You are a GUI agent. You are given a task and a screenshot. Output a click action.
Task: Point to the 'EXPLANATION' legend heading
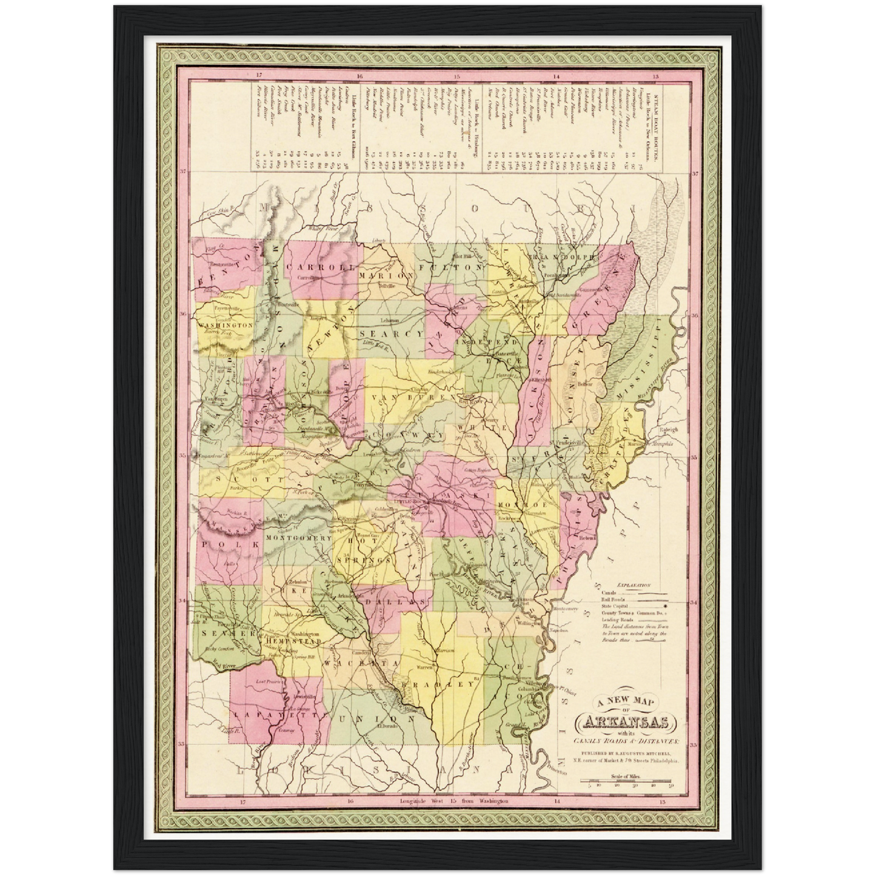(630, 586)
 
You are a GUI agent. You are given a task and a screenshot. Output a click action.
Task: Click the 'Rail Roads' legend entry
(613, 599)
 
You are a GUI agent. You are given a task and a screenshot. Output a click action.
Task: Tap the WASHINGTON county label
(225, 326)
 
